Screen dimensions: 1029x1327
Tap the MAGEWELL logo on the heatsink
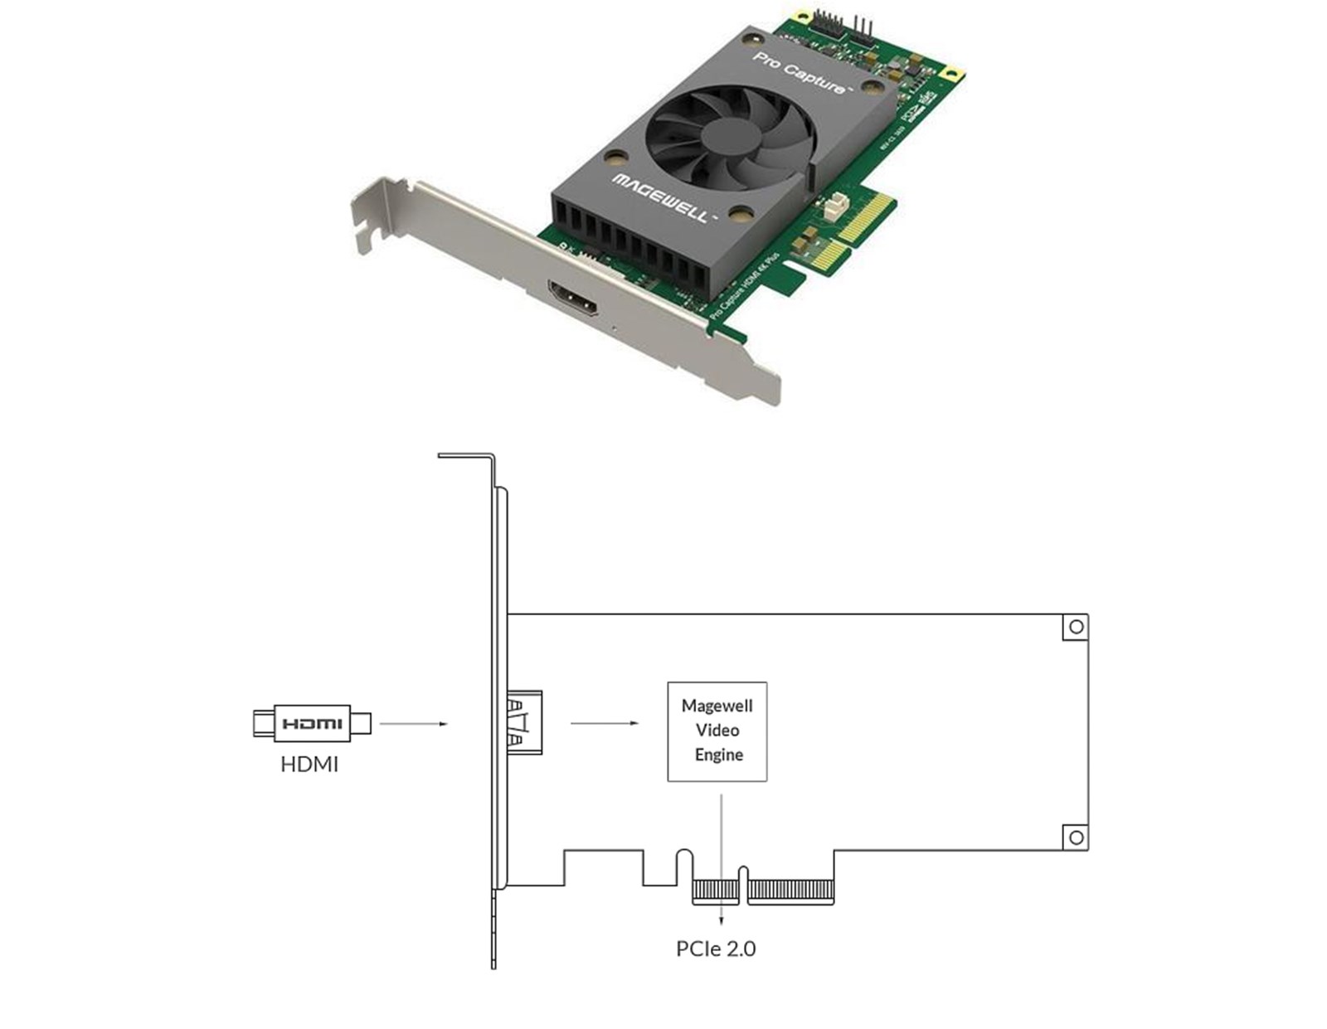click(661, 198)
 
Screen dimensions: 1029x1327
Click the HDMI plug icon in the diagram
click(311, 723)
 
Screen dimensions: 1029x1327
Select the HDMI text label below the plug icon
click(309, 764)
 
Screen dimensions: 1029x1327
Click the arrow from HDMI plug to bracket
click(413, 724)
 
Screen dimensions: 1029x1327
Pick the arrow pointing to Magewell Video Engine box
click(604, 723)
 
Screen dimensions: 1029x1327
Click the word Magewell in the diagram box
click(717, 706)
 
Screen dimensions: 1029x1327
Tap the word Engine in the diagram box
click(718, 755)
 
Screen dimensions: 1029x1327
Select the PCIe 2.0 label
click(716, 949)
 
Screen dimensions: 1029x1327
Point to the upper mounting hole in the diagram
click(1076, 627)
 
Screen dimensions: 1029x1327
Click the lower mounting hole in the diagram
click(1076, 837)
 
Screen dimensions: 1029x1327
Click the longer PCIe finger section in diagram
click(790, 892)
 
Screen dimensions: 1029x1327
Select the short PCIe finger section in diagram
click(715, 892)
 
